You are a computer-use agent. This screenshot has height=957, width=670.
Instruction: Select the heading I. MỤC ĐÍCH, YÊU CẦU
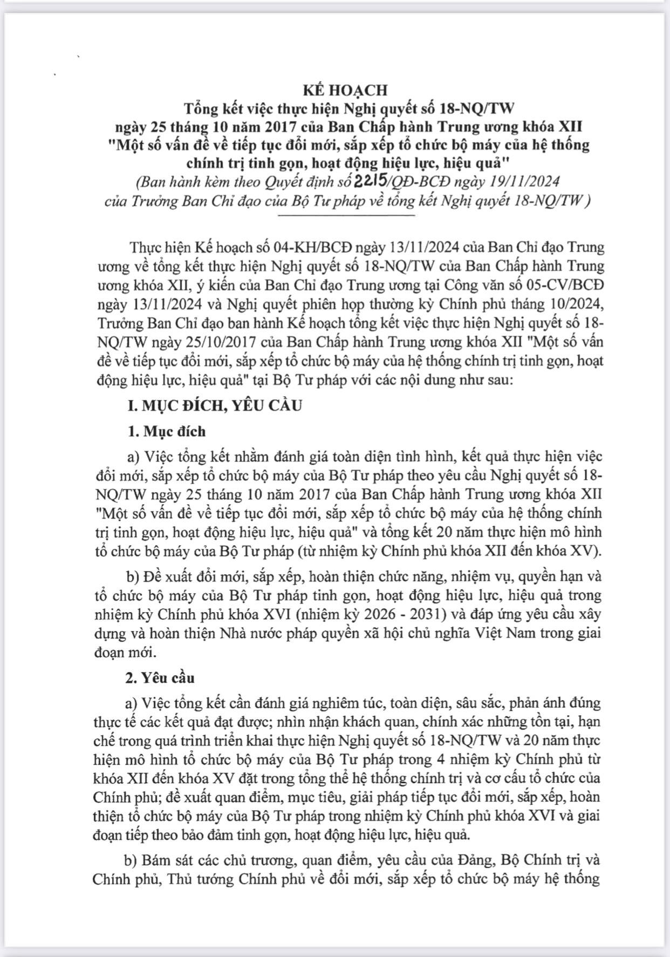tap(215, 405)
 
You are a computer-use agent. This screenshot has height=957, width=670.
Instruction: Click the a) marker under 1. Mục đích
tap(133, 457)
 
